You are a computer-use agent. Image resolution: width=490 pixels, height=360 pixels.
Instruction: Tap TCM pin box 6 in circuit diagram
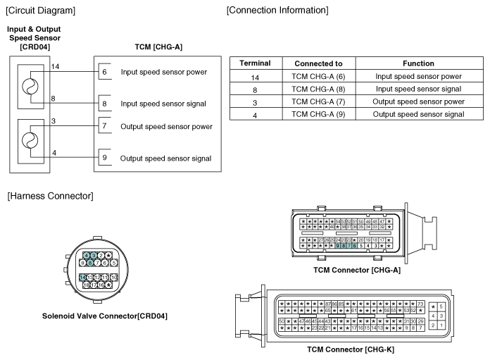tap(103, 72)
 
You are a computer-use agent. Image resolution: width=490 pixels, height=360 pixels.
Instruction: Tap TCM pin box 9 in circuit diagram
tap(103, 157)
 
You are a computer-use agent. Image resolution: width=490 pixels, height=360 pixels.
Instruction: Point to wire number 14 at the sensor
tap(56, 66)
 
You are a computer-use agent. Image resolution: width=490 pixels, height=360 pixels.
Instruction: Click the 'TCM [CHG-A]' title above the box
tap(158, 46)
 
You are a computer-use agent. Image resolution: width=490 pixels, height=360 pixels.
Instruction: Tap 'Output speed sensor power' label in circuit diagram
tap(166, 126)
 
